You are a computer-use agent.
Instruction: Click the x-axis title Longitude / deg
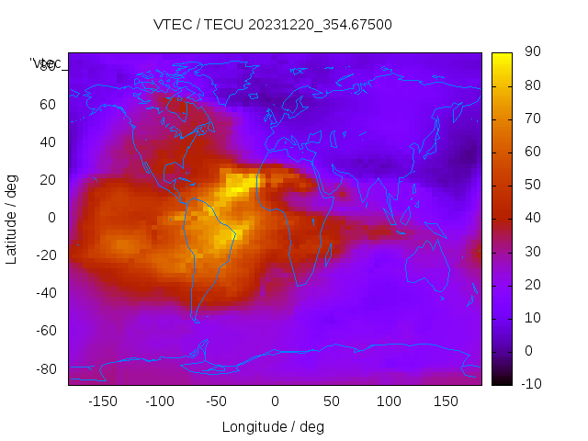coord(273,427)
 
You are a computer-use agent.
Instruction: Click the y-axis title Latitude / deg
coord(12,218)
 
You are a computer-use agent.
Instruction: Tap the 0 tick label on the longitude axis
coord(274,401)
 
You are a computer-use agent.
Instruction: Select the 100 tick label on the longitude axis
coord(389,401)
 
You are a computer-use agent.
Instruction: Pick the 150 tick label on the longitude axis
coord(446,401)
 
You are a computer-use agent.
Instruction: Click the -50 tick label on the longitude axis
coord(217,401)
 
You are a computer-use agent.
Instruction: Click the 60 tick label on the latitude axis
coord(48,105)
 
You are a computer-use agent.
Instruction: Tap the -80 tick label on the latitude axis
coord(44,368)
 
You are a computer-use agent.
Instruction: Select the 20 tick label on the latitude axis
coord(48,180)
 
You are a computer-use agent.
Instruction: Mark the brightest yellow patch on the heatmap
coord(240,185)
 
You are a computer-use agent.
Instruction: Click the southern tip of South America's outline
coord(196,320)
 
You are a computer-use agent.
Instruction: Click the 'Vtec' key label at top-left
coord(45,63)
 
